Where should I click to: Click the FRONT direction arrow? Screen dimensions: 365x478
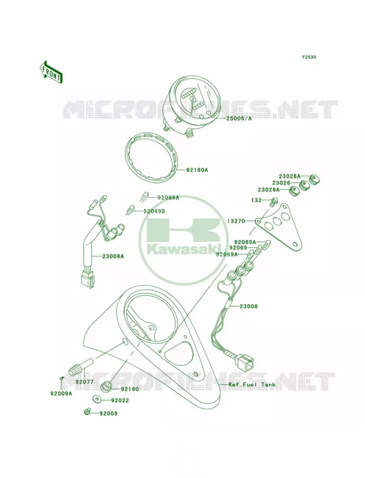(x=51, y=72)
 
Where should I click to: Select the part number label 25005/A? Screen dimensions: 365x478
(x=239, y=118)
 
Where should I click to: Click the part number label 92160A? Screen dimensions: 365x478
(x=197, y=170)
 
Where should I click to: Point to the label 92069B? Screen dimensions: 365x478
(x=154, y=211)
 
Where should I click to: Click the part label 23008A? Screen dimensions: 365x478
(x=113, y=256)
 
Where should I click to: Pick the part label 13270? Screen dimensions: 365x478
(x=237, y=221)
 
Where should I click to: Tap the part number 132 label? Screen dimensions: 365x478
(x=256, y=200)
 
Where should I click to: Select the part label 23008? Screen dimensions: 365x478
(x=249, y=306)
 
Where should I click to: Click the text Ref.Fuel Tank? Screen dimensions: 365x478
(x=252, y=384)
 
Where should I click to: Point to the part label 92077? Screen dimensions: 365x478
(x=85, y=381)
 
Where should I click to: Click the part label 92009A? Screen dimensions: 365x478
(x=62, y=394)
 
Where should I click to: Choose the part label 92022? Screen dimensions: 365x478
(x=120, y=400)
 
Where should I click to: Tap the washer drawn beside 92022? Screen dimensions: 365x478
(x=96, y=399)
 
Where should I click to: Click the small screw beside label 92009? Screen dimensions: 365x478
(x=86, y=412)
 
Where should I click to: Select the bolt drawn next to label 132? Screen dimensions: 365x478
(x=273, y=203)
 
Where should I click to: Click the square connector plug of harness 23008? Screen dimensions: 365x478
(x=246, y=362)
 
